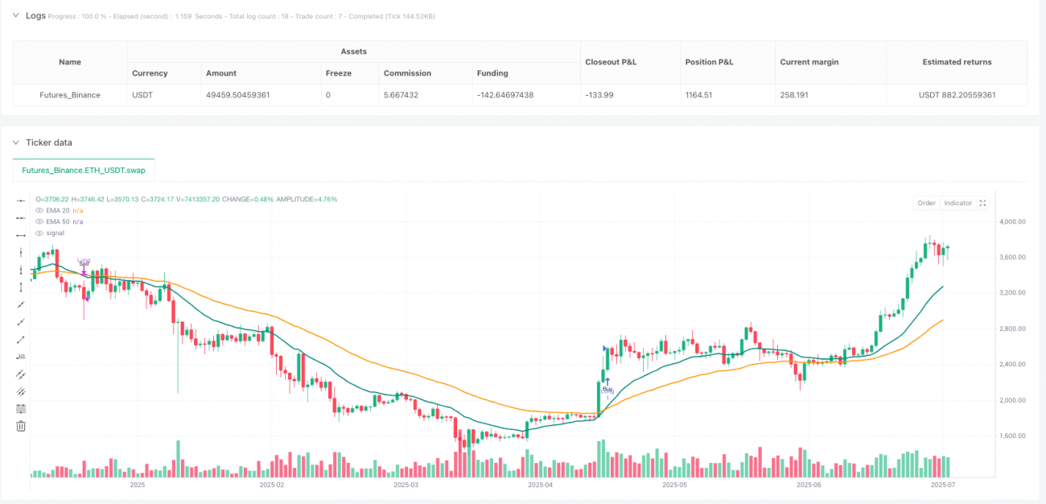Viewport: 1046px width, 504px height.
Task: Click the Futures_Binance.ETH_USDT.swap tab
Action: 84,171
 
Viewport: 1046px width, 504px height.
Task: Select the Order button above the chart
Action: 926,203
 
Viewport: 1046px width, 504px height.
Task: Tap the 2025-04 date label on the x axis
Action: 540,485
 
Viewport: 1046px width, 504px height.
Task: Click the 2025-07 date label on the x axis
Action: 942,485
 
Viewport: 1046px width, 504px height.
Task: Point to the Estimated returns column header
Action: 957,62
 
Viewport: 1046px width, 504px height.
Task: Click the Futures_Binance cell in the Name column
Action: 70,95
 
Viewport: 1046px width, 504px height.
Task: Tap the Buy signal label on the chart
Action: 607,389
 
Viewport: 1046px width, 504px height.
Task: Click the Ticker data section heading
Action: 48,143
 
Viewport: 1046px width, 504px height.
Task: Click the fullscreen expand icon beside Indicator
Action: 982,203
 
